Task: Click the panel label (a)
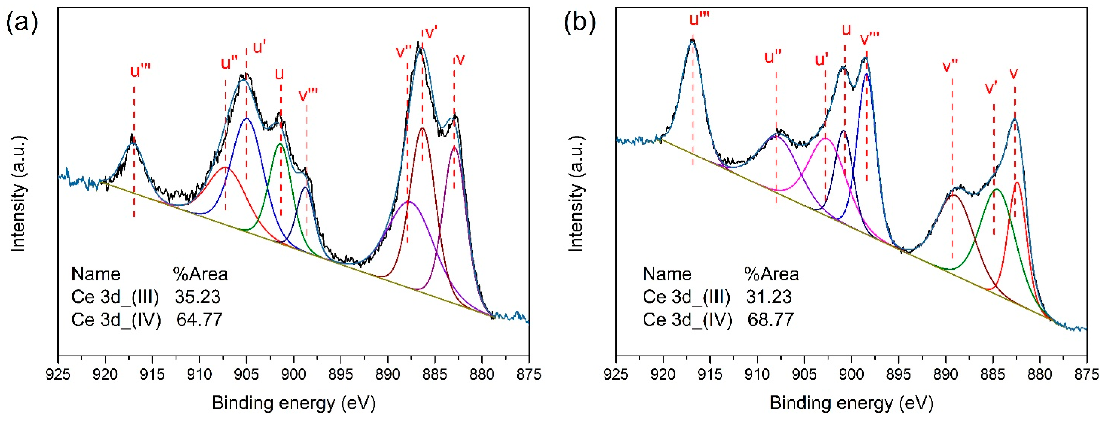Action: [x=21, y=22]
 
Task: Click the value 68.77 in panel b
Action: [x=770, y=320]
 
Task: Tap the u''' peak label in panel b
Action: [x=699, y=19]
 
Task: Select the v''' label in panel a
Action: [x=308, y=95]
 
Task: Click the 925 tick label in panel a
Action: [x=58, y=375]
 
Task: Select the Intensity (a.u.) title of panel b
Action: [x=576, y=193]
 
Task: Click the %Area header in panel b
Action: [x=771, y=274]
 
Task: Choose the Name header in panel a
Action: [x=96, y=274]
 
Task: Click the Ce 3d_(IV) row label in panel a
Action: [x=116, y=320]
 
